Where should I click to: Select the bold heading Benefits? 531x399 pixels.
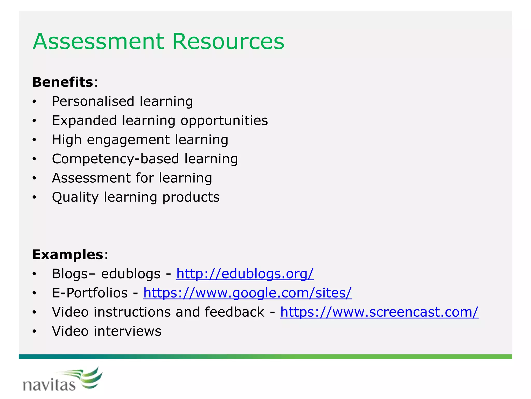point(62,82)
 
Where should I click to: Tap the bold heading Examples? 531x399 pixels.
point(67,254)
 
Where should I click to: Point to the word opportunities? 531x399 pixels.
point(224,121)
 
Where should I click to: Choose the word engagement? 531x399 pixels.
point(128,140)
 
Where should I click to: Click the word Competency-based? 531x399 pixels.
point(115,159)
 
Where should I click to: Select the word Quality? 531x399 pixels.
point(75,197)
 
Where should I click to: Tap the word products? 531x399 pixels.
point(191,197)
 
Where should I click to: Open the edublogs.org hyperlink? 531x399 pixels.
point(245,274)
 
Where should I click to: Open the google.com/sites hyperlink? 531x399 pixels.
point(247,293)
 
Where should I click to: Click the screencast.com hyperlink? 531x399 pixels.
point(379,312)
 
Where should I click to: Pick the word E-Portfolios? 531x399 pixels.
point(90,293)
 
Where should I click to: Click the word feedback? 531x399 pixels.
point(234,312)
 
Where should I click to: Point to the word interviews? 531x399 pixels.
point(127,331)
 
